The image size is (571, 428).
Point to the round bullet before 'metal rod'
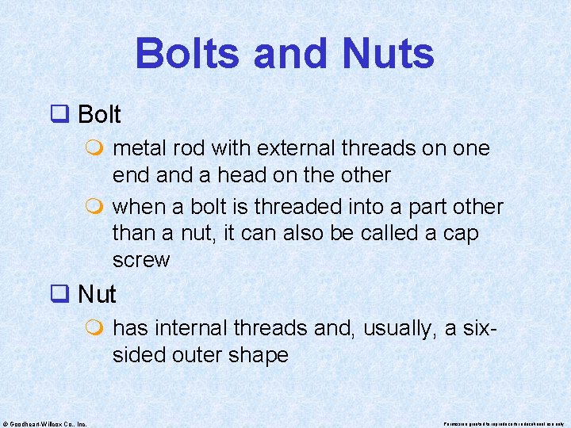[x=98, y=149]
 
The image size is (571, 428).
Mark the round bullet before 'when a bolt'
[x=98, y=208]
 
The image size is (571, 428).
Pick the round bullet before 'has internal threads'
[x=98, y=329]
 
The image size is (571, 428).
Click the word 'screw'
[x=141, y=260]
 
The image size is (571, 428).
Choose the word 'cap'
[x=462, y=234]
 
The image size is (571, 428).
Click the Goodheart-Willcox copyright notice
[x=45, y=423]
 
